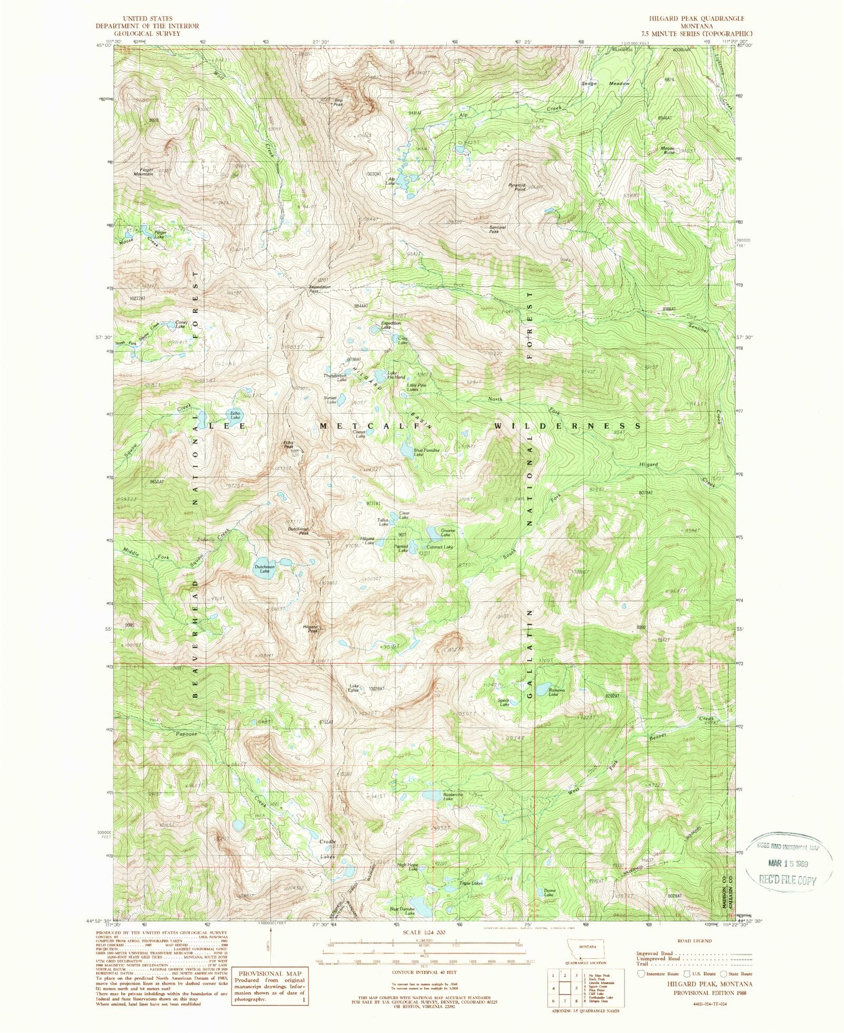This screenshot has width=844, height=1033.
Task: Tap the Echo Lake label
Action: pos(235,415)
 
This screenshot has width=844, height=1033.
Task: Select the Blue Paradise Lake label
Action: pos(426,452)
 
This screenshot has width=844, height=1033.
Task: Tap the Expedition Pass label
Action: pos(320,289)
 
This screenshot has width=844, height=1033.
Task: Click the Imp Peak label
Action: pos(338,101)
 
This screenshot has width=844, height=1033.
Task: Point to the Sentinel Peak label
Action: pos(497,229)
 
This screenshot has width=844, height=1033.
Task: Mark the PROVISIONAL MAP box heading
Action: pos(271,974)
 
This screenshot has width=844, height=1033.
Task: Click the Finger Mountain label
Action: pos(147,171)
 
